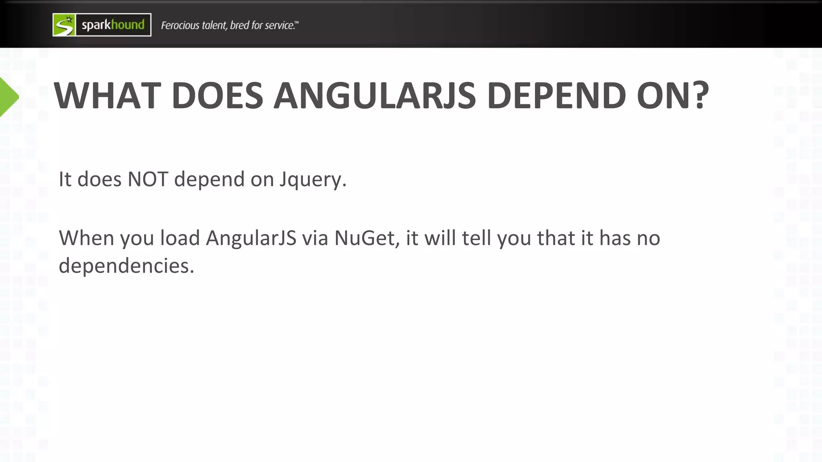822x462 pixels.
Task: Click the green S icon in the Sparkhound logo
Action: (64, 25)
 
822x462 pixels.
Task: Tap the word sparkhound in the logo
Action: (113, 25)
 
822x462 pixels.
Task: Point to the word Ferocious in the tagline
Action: (180, 25)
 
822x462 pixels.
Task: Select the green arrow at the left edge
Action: (8, 97)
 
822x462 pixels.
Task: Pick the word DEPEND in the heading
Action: (556, 96)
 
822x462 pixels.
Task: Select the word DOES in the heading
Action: (217, 96)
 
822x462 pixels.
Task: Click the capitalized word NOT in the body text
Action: (148, 179)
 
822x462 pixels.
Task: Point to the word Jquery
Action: (313, 180)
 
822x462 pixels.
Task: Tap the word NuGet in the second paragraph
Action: (367, 238)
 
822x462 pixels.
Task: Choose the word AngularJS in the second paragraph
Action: (251, 238)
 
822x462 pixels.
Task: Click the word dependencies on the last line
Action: (126, 265)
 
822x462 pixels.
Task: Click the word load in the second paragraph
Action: (180, 238)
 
